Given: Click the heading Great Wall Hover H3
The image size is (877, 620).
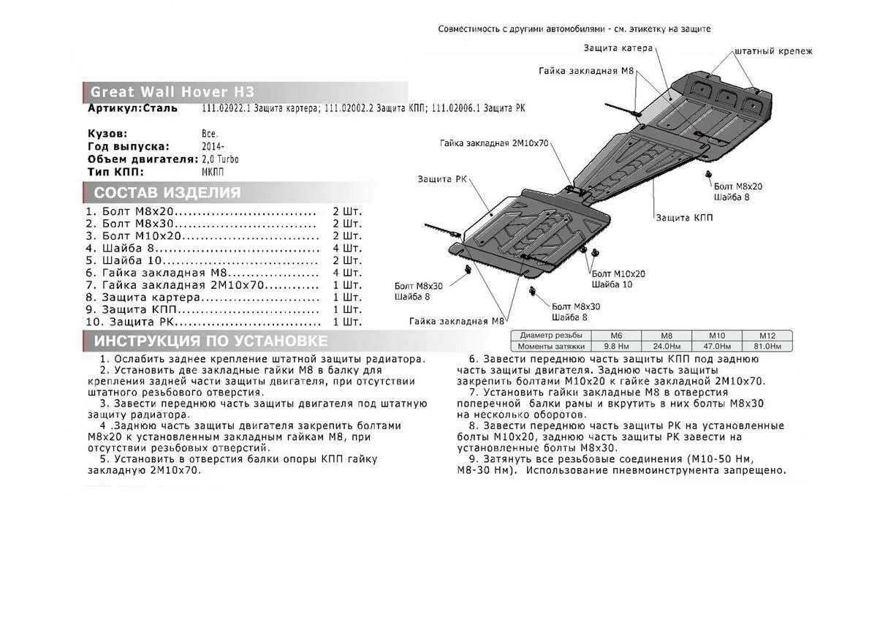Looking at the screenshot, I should coord(172,92).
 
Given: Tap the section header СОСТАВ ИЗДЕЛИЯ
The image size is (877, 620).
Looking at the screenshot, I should coord(167,193).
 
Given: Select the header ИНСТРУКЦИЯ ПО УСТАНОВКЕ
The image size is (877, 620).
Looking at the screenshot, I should coord(210,341).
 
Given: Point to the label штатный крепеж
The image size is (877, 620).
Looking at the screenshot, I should coord(772,52).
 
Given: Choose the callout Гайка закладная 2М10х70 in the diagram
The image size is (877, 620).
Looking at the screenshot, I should coord(494,143).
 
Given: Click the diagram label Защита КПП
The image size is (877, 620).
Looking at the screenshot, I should coord(684,218).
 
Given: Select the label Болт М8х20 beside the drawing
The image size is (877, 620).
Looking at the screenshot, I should coord(738,186).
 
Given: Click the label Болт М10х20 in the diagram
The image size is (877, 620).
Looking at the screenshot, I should coord(618,273).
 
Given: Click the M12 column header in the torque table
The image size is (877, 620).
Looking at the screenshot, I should coord(766,335).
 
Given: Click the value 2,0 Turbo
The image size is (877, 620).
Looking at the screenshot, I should coord(220,159).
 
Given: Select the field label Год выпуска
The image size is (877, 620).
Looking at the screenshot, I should coord(129,146).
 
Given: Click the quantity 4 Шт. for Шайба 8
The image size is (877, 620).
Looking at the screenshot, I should coord(347,248).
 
